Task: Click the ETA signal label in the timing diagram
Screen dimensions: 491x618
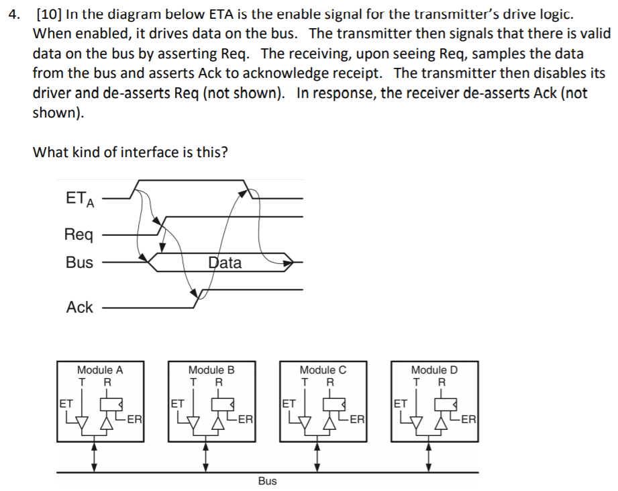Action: (80, 199)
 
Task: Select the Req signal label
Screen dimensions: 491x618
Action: (79, 234)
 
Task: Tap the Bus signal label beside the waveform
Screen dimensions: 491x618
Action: (79, 263)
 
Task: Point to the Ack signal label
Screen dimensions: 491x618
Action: (79, 307)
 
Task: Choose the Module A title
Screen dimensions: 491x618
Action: (100, 369)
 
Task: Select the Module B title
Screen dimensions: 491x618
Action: (211, 369)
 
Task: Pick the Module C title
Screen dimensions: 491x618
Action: (323, 369)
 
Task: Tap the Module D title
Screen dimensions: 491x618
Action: (434, 369)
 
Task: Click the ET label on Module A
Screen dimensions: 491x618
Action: (66, 404)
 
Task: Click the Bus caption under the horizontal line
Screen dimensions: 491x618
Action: (267, 481)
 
